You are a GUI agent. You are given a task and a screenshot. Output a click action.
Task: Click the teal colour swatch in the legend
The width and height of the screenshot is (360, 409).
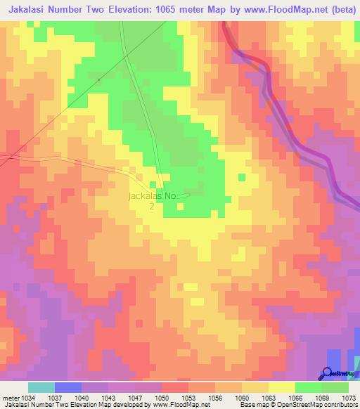(41, 387)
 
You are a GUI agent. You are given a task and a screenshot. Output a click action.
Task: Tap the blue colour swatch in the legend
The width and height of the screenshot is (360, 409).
(68, 387)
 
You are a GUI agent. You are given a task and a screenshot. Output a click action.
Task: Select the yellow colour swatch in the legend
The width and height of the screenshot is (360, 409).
(282, 387)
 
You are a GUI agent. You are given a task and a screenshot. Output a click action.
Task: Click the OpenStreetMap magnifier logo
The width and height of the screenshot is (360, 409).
(328, 373)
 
